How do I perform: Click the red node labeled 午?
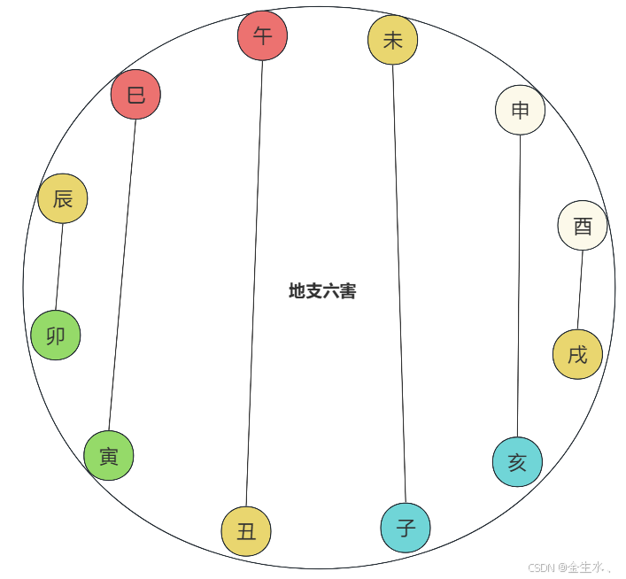tap(262, 35)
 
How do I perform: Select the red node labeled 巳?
tap(135, 94)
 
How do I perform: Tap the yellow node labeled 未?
tap(392, 40)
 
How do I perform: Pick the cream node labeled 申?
tap(520, 110)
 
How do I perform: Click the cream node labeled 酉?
tap(583, 226)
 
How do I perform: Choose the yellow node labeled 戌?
tap(577, 354)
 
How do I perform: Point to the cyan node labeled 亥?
tap(517, 461)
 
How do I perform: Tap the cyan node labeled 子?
tap(406, 528)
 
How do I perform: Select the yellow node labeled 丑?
tap(246, 531)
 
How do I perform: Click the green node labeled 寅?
tap(109, 456)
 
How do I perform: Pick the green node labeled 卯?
tap(55, 336)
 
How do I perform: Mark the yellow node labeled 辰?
tap(63, 198)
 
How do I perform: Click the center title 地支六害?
tap(322, 290)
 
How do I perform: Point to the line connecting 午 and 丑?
tap(254, 283)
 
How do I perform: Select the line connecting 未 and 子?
tap(399, 283)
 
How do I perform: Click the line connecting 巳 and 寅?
tap(122, 274)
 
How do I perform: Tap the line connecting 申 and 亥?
tap(519, 285)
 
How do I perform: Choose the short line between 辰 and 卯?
tap(59, 266)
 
